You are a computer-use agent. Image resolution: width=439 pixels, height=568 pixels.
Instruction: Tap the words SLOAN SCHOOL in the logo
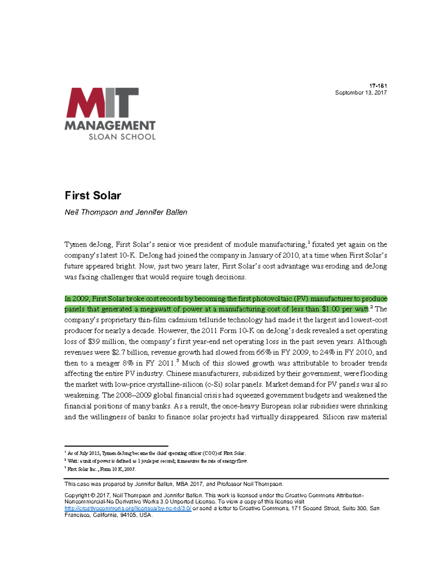click(122, 137)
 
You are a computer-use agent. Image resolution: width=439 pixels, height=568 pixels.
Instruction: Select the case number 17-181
click(378, 86)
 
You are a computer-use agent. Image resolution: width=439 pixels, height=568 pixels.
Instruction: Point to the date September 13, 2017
click(361, 93)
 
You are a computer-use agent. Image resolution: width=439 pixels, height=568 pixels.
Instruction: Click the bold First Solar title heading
click(93, 196)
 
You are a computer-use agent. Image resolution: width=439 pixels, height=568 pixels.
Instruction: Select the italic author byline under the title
click(126, 212)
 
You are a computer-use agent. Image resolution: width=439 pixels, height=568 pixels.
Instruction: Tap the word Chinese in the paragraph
click(179, 374)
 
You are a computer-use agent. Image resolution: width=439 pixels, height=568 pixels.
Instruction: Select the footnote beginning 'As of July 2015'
click(157, 453)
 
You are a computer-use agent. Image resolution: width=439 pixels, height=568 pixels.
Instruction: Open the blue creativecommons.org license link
click(128, 508)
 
